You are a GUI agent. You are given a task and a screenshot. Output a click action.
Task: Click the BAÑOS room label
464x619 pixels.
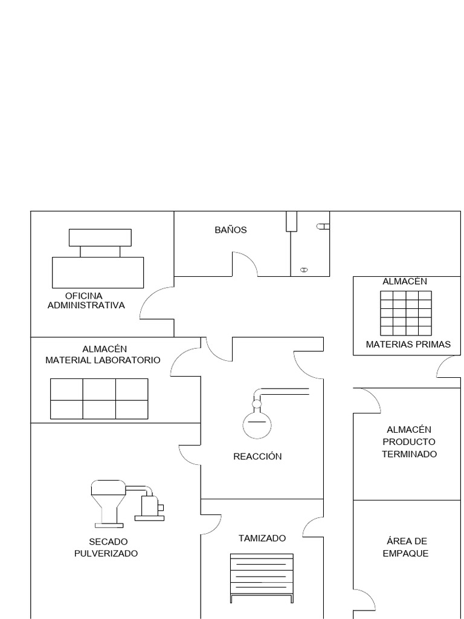[x=231, y=230]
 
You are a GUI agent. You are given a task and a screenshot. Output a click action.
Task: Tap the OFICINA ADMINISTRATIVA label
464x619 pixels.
[x=86, y=300]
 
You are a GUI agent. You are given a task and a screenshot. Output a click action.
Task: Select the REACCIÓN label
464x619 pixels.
[x=257, y=456]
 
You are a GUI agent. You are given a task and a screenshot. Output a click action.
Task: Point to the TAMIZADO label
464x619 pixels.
[x=262, y=538]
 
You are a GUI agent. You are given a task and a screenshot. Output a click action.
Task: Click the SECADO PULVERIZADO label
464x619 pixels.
[x=106, y=547]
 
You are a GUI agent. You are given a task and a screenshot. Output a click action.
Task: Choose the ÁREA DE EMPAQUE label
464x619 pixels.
[x=405, y=547]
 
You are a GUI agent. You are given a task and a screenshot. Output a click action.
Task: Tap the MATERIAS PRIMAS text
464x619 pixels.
[x=408, y=345]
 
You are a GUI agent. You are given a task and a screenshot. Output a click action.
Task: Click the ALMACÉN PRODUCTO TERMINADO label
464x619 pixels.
[x=409, y=442]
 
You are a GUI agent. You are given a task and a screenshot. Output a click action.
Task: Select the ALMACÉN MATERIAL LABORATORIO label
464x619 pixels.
[x=103, y=354]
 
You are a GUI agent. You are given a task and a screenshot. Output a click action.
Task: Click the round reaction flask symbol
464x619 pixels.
[x=256, y=423]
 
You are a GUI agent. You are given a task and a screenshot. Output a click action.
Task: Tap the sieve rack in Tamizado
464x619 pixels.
[x=262, y=577]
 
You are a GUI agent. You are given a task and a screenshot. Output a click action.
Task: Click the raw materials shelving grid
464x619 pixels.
[x=406, y=313]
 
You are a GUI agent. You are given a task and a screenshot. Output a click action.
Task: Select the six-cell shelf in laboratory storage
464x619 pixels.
[x=99, y=399]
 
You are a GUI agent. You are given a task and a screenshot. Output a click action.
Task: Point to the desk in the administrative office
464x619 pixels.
[x=98, y=272]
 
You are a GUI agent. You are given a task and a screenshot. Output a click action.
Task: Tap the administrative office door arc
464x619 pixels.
[x=156, y=303]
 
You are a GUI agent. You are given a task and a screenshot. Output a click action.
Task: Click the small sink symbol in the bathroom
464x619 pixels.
[x=304, y=270]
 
